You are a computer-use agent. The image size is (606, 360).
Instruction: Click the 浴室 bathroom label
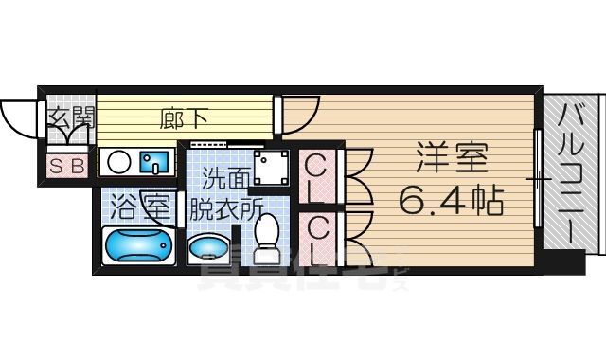click(x=141, y=204)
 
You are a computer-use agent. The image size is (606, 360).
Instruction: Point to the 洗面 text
click(x=225, y=177)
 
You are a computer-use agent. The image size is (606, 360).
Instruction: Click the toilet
click(x=267, y=237)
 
